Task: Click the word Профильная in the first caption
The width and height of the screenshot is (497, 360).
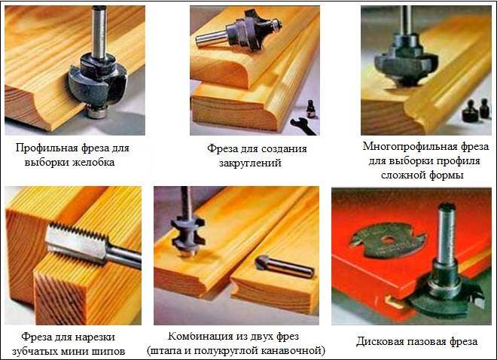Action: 46,148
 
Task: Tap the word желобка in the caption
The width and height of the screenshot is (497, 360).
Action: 93,163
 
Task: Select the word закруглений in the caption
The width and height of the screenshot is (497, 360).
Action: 250,163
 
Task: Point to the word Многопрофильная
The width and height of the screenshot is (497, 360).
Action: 409,147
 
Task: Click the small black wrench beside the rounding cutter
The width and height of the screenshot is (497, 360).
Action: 303,126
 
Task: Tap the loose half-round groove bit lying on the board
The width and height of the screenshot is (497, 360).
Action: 284,267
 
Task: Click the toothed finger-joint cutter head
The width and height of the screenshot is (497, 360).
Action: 78,242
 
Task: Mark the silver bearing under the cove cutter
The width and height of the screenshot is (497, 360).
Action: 97,112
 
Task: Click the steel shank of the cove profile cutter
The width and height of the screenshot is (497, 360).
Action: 99,32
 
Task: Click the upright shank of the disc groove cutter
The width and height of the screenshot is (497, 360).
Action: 446,233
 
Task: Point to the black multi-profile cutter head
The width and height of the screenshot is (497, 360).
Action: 405,63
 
